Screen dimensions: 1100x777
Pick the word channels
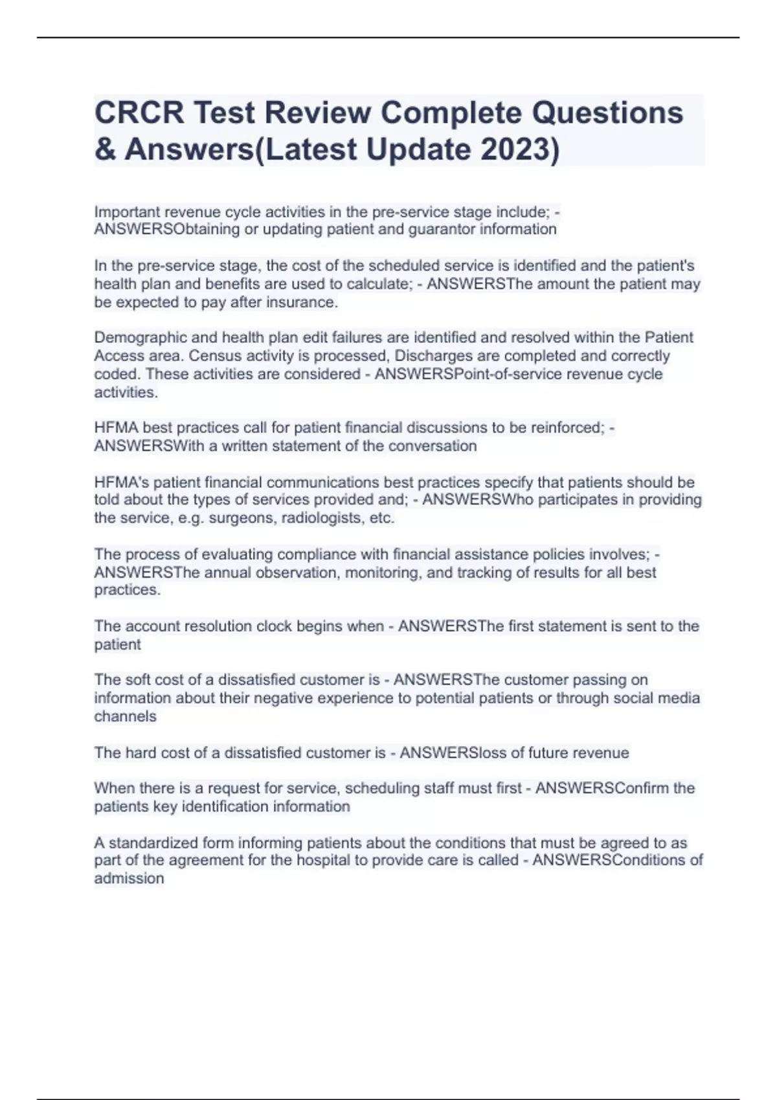[125, 716]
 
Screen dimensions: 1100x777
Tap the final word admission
[129, 879]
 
